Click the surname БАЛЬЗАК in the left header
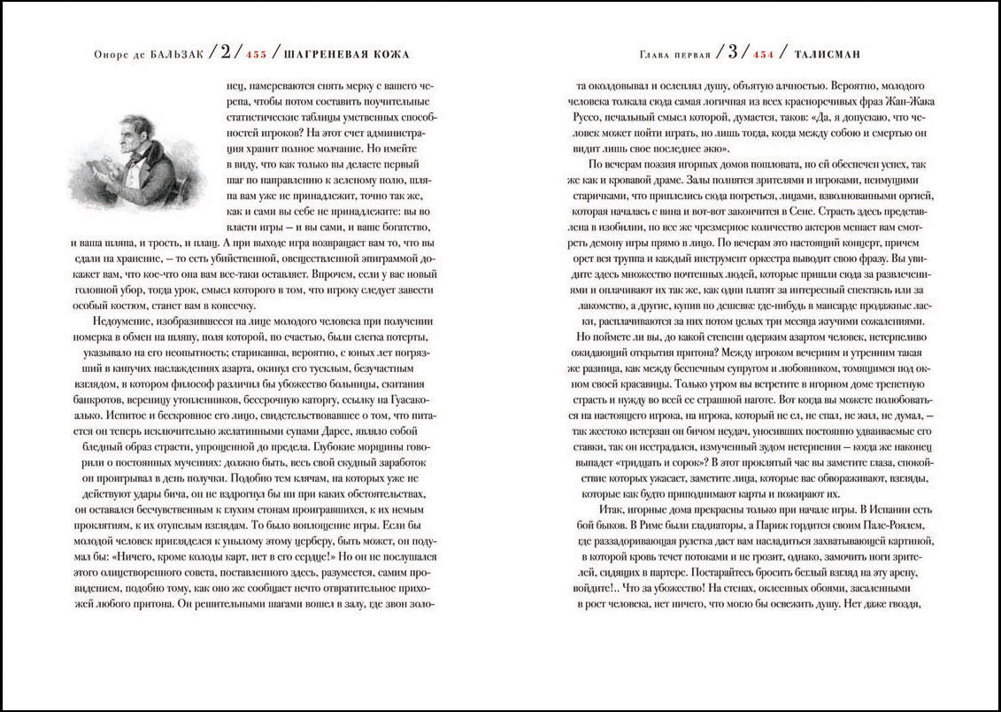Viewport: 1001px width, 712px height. click(176, 55)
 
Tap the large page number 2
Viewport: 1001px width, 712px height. click(226, 52)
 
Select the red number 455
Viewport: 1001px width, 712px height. click(256, 55)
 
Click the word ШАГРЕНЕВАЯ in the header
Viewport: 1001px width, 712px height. click(318, 55)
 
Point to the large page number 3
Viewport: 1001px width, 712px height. click(732, 52)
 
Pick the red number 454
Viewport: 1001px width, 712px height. click(763, 55)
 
